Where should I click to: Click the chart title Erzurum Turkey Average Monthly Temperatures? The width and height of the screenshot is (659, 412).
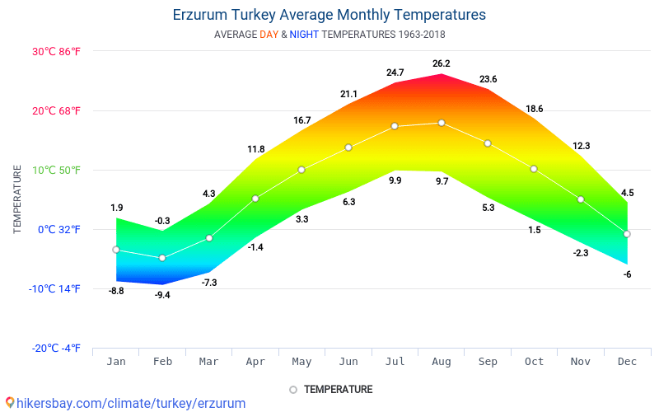[x=329, y=15]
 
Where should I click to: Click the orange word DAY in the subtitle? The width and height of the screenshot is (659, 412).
[x=269, y=35]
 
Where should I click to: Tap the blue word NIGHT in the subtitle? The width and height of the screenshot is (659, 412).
[x=304, y=35]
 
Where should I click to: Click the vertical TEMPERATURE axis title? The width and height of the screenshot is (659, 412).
[x=17, y=199]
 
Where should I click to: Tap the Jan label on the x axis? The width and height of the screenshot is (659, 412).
[x=116, y=361]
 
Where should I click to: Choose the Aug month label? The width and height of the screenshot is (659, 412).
[x=442, y=361]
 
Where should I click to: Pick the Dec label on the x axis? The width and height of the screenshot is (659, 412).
[x=627, y=361]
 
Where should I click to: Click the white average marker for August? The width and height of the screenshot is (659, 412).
[x=442, y=123]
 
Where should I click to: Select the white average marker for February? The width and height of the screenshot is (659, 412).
[x=162, y=258]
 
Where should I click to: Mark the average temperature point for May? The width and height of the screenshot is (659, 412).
[x=301, y=170]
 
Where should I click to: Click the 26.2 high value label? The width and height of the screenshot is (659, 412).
[x=442, y=63]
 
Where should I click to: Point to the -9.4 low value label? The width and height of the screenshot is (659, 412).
[x=162, y=295]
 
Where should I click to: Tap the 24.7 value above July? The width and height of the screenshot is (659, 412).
[x=395, y=73]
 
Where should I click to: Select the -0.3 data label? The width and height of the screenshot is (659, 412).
[x=162, y=221]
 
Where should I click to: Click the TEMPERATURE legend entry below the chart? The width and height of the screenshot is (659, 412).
[x=338, y=389]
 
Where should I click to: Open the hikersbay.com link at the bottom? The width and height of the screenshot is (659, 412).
[x=131, y=403]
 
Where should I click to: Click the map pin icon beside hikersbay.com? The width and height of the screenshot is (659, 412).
[x=10, y=403]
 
